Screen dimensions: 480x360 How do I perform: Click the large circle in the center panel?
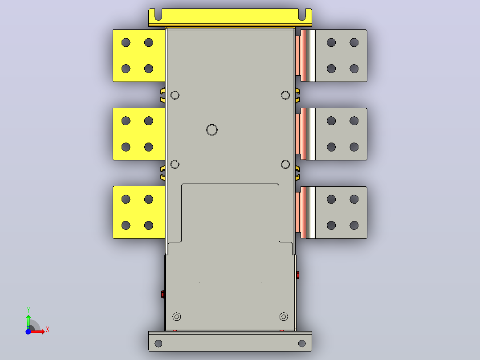click(212, 124)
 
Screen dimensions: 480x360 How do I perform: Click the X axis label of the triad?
click(48, 330)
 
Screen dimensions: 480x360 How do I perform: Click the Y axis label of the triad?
click(28, 310)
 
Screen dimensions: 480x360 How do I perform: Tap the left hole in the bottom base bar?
click(158, 344)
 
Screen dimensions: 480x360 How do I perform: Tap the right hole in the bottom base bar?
click(302, 344)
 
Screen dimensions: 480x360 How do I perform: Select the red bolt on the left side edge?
click(163, 294)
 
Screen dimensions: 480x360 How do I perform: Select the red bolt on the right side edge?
click(297, 275)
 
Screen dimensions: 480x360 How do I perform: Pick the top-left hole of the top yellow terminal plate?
click(126, 43)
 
